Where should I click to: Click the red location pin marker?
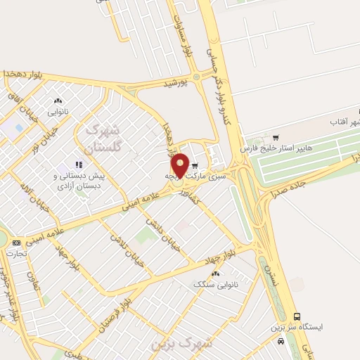180,165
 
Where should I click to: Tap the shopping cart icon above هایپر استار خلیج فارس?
275,137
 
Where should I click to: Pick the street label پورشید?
176,83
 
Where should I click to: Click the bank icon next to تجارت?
17,243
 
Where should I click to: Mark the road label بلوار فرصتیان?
114,308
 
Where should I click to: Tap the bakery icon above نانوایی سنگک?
214,273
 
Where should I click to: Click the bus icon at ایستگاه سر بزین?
297,317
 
